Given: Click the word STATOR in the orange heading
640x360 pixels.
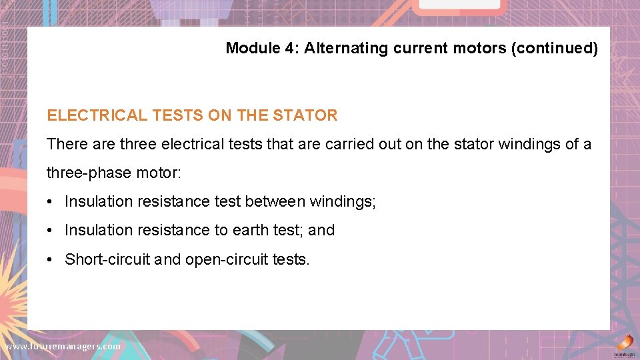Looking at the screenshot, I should coord(305,115).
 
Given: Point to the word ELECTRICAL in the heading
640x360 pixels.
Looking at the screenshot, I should coord(97,115).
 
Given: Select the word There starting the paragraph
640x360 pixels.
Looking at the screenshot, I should coord(65,144).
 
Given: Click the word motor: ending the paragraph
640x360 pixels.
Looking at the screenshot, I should coord(157,173).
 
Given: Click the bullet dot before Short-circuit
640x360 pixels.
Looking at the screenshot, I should coord(50,259).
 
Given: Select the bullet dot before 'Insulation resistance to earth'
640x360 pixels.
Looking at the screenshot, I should coord(50,230).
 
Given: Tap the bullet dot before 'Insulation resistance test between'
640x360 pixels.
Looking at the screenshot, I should coord(50,201).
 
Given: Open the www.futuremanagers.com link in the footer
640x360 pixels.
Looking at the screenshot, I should coord(63,347).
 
